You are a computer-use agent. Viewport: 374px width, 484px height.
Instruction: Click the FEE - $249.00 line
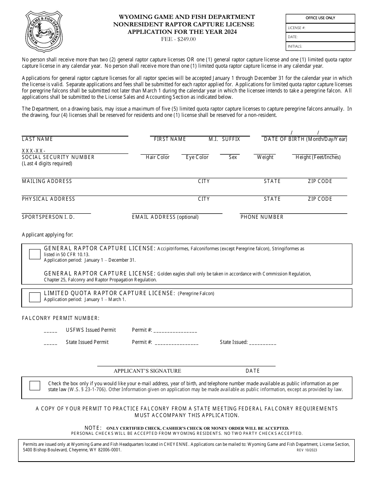click(x=178, y=39)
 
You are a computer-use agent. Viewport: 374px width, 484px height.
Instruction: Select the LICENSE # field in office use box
click(x=320, y=28)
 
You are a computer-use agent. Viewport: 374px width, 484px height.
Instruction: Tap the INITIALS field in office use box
click(x=320, y=46)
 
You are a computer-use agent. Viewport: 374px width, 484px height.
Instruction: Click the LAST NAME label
click(x=37, y=139)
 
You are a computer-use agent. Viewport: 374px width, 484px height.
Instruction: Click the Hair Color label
click(x=157, y=157)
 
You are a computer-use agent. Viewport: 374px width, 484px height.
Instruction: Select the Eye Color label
click(x=197, y=157)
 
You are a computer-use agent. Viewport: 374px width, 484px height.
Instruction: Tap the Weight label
click(x=265, y=157)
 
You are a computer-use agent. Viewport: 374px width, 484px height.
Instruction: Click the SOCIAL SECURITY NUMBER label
click(x=58, y=157)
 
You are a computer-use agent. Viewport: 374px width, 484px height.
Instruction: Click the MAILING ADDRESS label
click(x=47, y=181)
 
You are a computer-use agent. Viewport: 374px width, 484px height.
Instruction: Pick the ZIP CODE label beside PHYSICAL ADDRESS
click(x=320, y=199)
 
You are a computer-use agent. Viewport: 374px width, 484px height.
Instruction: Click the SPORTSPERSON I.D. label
click(x=48, y=217)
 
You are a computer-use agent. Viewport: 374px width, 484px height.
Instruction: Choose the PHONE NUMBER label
click(x=262, y=217)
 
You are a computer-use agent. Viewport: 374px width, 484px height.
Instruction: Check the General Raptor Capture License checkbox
click(x=35, y=254)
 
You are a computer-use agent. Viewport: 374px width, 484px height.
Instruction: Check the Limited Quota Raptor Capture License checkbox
click(x=35, y=297)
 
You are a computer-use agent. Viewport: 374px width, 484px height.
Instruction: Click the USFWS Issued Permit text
click(x=91, y=330)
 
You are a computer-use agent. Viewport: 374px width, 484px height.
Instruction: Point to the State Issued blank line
click(x=263, y=343)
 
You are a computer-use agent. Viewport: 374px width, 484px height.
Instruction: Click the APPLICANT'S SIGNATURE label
click(x=147, y=371)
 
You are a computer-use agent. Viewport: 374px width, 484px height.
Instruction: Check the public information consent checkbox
click(x=35, y=386)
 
